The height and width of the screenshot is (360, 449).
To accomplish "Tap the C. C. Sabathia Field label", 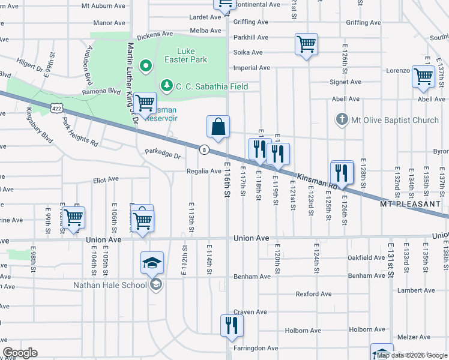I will (211, 86).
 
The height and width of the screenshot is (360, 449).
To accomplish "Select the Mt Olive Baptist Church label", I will (396, 120).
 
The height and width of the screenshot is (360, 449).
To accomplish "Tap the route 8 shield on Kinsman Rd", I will (205, 149).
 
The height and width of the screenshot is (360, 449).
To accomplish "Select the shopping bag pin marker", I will (218, 127).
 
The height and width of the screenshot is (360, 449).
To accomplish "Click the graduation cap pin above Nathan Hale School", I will (152, 262).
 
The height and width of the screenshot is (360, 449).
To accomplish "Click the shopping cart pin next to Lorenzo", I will (423, 77).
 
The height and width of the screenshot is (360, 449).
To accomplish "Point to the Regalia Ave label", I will (203, 171).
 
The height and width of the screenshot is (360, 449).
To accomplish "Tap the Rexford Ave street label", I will (313, 294).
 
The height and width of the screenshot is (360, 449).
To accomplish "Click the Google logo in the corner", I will (20, 353).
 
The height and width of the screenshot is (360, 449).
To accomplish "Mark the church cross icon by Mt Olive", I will (342, 120).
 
